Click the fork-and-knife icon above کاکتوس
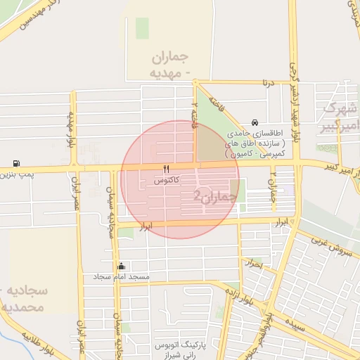tap(167, 169)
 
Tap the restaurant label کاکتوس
tap(167, 181)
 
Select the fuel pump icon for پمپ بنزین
tap(16, 162)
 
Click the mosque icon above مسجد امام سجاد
tap(122, 266)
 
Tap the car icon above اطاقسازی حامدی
tap(254, 122)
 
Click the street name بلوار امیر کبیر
tap(330, 165)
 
